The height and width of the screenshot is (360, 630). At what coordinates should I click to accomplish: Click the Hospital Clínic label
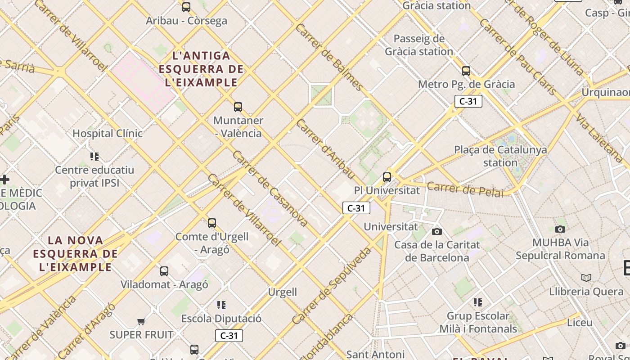coord(108,133)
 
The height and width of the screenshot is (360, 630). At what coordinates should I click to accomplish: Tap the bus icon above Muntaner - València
coord(238,107)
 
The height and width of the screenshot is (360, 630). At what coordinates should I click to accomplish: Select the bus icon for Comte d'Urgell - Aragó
coord(212,223)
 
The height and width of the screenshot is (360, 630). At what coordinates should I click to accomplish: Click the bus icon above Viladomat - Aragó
coord(164,271)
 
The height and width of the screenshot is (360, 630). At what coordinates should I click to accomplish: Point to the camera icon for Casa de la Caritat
coord(436,231)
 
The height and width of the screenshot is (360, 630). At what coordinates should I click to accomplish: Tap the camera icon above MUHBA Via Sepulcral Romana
coord(560,229)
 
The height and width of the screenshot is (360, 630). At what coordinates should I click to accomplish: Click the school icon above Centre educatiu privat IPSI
coord(94,156)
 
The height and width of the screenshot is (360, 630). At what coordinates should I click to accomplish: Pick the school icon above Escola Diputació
coord(221,305)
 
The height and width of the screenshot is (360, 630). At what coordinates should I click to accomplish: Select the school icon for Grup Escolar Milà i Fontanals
coord(478,302)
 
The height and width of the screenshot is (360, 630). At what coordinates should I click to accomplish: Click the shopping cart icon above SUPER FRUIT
coord(141,321)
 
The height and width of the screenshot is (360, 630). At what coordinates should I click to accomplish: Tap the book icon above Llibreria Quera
coord(586,278)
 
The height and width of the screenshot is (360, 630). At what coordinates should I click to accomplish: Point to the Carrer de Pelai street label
coord(465,189)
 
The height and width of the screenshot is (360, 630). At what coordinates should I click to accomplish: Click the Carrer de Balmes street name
coord(329,57)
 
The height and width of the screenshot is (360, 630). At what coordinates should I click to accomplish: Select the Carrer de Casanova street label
coord(270,189)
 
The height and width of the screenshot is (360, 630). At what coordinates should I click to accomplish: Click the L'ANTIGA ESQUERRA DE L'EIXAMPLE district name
coord(201,69)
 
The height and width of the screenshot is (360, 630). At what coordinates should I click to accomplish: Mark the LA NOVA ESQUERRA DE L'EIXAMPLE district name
coord(76,253)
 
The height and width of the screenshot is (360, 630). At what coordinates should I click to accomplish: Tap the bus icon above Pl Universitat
coord(387,177)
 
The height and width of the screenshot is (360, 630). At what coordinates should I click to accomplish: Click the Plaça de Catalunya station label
coord(500,156)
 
